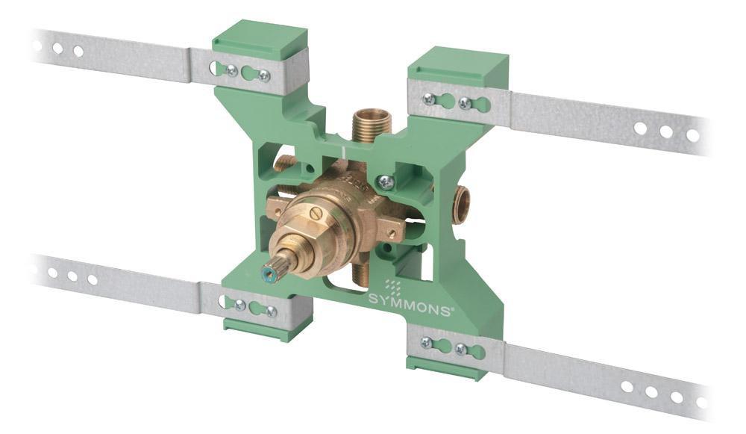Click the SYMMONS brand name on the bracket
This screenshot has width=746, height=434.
coord(409,299)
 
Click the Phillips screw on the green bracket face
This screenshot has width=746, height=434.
coord(385,181)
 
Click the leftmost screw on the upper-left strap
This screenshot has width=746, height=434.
coord(231,70)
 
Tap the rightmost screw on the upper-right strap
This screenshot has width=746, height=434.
coord(465,103)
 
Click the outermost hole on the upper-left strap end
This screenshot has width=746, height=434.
coord(37,46)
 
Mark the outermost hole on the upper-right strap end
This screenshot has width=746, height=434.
coord(692,135)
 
